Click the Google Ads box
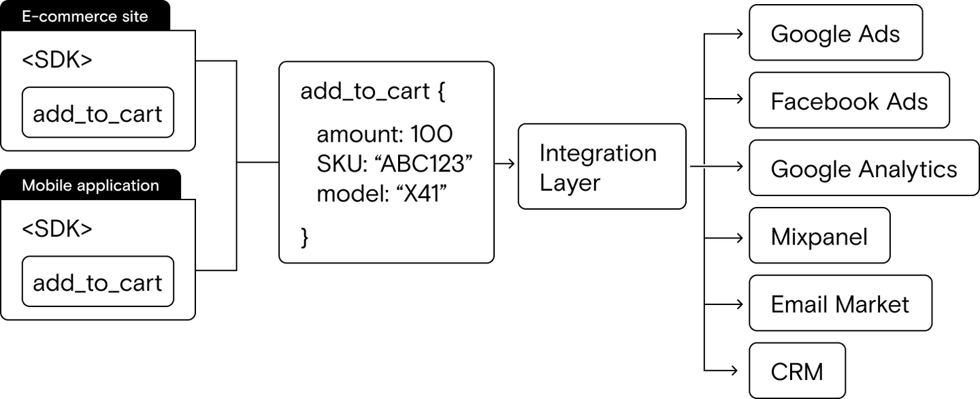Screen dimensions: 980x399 [836, 33]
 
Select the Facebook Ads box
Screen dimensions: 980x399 [849, 100]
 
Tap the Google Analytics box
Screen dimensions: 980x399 [864, 168]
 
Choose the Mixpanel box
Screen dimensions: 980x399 [819, 236]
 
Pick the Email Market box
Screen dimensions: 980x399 [840, 303]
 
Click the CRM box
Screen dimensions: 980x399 [797, 370]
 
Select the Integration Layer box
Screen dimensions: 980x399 [602, 166]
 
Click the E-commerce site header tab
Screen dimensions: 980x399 [85, 16]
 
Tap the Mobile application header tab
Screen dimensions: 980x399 [90, 185]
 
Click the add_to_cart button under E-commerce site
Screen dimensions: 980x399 [98, 112]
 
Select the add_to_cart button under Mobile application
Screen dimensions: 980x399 [98, 281]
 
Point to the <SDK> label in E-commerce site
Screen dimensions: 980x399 [57, 59]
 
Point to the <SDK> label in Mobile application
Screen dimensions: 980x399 [57, 228]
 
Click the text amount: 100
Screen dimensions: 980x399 [385, 134]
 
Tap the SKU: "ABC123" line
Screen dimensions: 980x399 [394, 163]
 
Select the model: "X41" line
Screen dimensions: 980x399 [382, 193]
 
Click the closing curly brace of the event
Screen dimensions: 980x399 [305, 238]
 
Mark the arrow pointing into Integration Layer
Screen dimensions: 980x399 [504, 163]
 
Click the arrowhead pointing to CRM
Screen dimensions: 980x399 [734, 370]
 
